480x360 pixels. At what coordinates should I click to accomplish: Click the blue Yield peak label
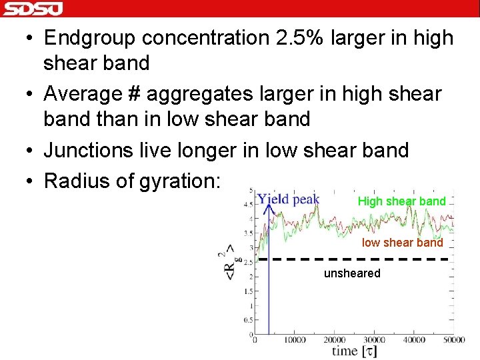(288, 199)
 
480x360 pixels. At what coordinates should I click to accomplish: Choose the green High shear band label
(401, 201)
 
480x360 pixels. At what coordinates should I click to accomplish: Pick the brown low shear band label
(402, 243)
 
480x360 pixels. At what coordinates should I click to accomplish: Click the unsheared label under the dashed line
(352, 273)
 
